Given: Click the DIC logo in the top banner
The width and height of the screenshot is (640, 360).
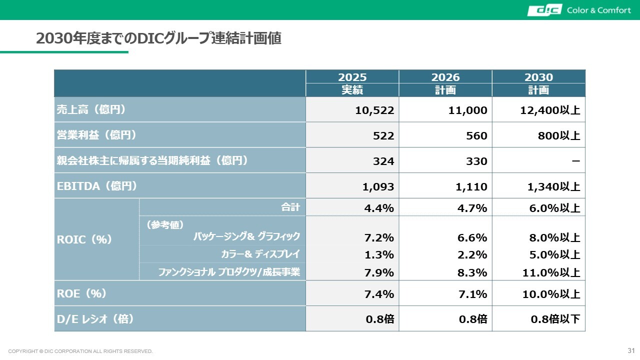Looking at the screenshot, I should pyautogui.click(x=544, y=10).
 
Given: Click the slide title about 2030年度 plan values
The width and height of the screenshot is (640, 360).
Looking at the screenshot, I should pyautogui.click(x=158, y=38).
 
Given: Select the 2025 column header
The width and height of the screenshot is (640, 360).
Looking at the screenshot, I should pyautogui.click(x=352, y=77).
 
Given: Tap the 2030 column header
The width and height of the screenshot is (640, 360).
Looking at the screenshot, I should pyautogui.click(x=538, y=77).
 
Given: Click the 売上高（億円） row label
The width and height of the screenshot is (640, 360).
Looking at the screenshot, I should pyautogui.click(x=90, y=109).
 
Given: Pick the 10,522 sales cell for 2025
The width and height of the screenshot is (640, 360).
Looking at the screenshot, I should pyautogui.click(x=374, y=110).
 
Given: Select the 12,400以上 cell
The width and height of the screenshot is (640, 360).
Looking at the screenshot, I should pyautogui.click(x=550, y=110).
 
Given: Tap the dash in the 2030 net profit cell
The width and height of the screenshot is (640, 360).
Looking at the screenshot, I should pyautogui.click(x=575, y=160).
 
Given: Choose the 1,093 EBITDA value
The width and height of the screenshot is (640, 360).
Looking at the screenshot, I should pyautogui.click(x=378, y=187).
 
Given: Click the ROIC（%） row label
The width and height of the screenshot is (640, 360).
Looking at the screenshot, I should pyautogui.click(x=84, y=239).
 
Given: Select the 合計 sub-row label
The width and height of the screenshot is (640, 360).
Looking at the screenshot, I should pyautogui.click(x=290, y=207).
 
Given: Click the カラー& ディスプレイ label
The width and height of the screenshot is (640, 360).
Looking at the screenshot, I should pyautogui.click(x=260, y=254).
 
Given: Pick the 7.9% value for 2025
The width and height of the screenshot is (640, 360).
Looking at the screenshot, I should pyautogui.click(x=379, y=272).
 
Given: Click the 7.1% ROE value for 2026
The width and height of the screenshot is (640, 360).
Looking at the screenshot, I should pyautogui.click(x=472, y=294).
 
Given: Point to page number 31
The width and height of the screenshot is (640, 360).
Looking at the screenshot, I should pyautogui.click(x=631, y=349).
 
